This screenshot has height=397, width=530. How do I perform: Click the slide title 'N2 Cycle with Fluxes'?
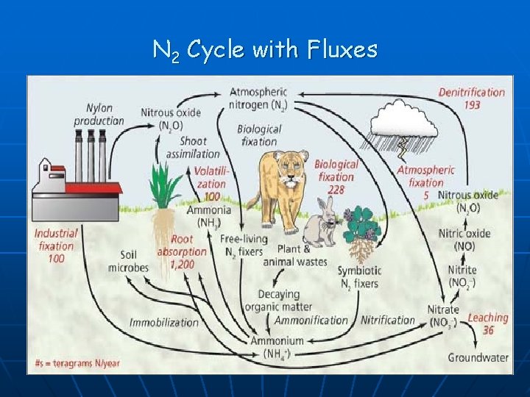click(265, 50)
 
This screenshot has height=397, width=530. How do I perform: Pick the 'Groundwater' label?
click(478, 357)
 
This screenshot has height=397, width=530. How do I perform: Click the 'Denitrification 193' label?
click(472, 99)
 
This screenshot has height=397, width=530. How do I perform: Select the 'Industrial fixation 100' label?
click(55, 246)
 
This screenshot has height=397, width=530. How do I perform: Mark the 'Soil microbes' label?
click(128, 261)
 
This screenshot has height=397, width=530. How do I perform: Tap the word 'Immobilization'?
click(164, 322)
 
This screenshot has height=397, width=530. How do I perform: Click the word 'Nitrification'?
click(388, 320)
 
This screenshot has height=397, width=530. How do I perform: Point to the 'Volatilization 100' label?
click(211, 183)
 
